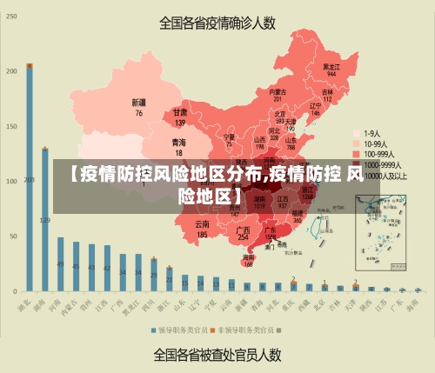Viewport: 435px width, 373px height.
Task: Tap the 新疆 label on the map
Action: tap(138, 103)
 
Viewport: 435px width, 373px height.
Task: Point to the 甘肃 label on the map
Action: tap(180, 112)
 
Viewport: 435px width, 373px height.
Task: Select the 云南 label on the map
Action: tap(202, 224)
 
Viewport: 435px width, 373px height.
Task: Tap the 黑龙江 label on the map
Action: tap(331, 66)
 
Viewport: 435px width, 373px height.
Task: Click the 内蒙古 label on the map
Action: tap(278, 91)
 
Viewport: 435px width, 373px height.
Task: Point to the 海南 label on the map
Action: tap(249, 257)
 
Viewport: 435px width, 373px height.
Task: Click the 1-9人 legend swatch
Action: tap(356, 134)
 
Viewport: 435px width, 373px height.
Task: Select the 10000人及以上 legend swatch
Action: tap(356, 175)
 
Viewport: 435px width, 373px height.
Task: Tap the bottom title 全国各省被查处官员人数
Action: tap(217, 354)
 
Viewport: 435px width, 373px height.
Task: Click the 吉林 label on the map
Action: tap(328, 91)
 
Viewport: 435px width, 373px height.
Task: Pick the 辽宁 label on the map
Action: tap(316, 106)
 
